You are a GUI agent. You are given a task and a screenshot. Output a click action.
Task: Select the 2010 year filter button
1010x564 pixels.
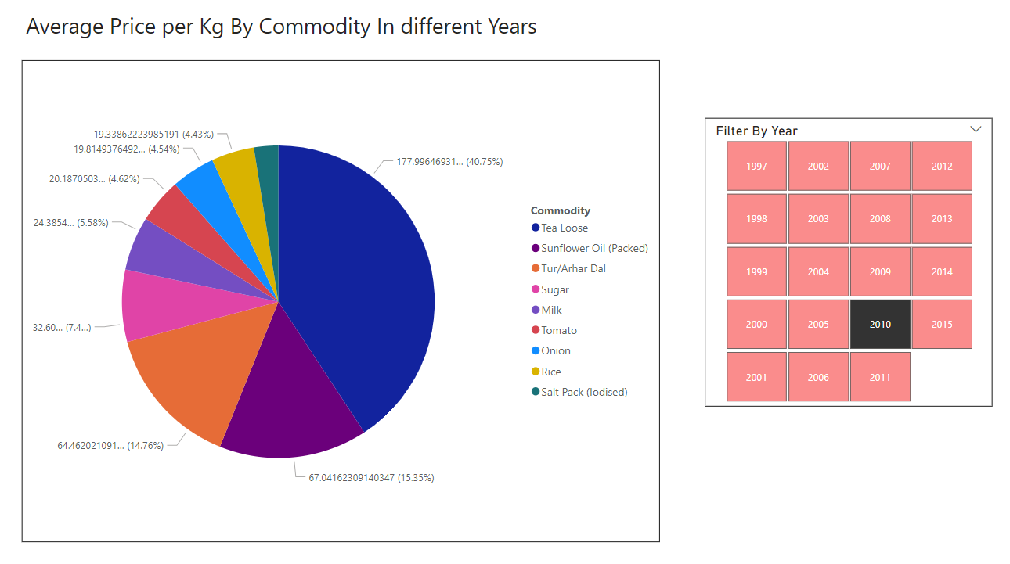click(880, 324)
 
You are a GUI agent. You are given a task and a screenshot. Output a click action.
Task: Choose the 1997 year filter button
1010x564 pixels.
click(756, 166)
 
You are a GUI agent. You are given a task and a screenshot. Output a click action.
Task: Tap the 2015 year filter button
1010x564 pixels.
click(942, 324)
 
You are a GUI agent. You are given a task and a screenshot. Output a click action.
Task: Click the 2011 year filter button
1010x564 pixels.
click(880, 377)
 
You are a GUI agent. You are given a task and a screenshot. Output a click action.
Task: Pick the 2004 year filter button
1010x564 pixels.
click(818, 271)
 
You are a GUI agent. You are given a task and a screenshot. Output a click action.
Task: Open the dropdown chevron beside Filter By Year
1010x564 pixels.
click(976, 129)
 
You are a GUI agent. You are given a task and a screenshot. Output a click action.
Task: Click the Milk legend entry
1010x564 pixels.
click(551, 310)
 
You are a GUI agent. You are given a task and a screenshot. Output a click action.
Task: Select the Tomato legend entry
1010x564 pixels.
click(558, 330)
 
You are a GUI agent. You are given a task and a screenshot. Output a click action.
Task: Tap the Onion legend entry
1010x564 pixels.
click(555, 350)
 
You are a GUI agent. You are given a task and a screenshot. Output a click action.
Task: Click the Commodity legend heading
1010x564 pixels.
click(561, 210)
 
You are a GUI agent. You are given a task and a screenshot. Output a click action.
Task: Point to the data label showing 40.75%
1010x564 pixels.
click(449, 162)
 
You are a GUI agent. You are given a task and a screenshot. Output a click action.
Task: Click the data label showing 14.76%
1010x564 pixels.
click(110, 446)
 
